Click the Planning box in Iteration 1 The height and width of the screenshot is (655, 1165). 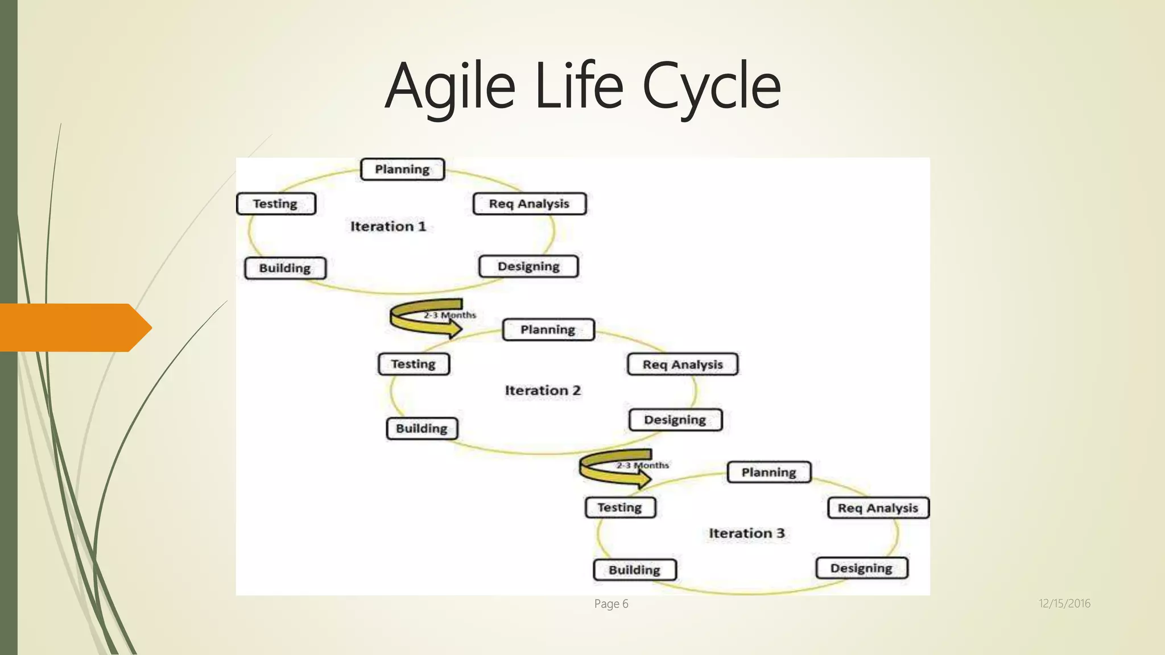pos(402,169)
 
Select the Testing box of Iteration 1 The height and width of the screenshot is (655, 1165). pos(276,204)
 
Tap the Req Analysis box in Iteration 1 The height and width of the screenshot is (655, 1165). pos(529,204)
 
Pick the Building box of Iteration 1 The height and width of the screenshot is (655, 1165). pos(285,268)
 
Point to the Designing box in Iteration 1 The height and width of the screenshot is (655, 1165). pos(528,267)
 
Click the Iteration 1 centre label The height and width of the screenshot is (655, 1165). pos(388,226)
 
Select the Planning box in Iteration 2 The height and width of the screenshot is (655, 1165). pos(548,330)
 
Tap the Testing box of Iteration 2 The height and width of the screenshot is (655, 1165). pos(414,364)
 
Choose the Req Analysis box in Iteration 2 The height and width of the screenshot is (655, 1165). pos(683,364)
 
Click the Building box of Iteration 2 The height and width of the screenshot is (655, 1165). pos(422,429)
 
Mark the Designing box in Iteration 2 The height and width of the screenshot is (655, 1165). pos(675,420)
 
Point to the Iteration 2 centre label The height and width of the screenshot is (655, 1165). pos(543,391)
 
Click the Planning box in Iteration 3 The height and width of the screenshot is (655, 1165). pos(769,472)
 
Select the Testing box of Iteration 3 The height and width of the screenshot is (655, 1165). pos(620,508)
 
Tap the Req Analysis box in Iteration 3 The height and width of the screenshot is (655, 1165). pos(878,508)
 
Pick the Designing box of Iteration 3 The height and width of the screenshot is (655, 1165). pos(861,569)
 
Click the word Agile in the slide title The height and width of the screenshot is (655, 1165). pos(450,86)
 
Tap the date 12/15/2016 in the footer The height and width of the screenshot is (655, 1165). pos(1064,604)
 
